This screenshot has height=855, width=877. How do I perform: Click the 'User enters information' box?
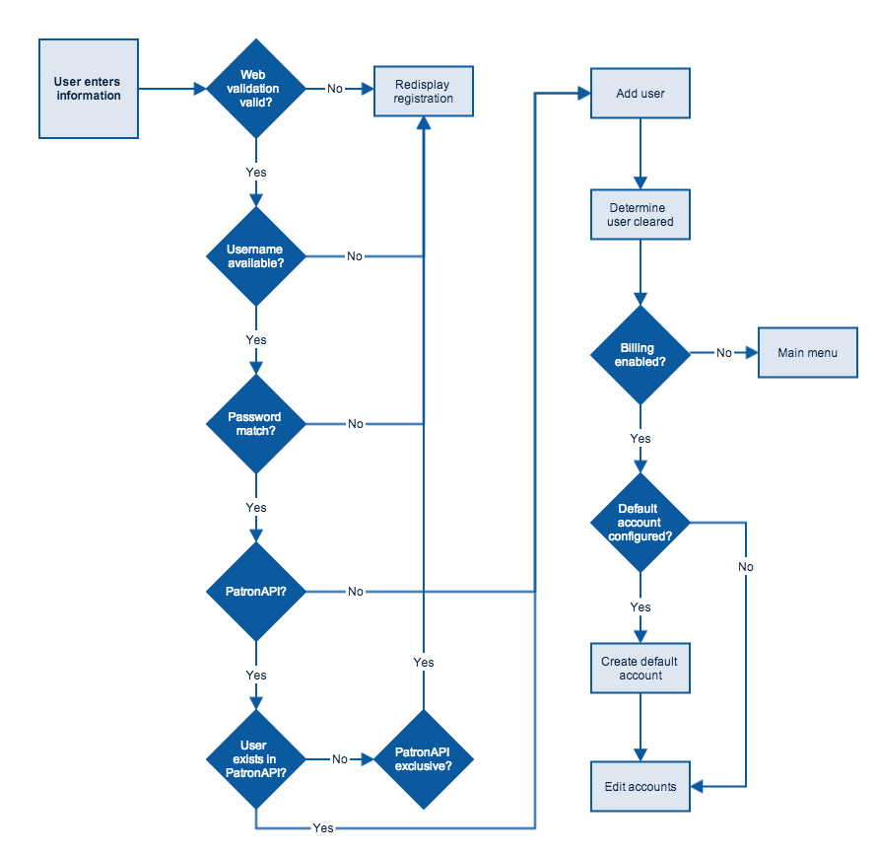tap(89, 89)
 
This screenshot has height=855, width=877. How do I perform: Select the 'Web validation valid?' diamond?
tap(256, 89)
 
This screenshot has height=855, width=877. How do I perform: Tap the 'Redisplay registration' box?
tap(424, 92)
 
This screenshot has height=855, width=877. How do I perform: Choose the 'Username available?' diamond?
tap(256, 256)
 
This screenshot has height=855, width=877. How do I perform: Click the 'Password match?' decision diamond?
tap(256, 424)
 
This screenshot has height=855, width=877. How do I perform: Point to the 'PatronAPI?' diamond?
tap(256, 592)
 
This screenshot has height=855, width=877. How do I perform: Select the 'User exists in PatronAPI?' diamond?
tap(256, 759)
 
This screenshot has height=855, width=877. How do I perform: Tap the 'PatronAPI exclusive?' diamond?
tap(424, 759)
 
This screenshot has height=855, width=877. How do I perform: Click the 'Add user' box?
tap(641, 94)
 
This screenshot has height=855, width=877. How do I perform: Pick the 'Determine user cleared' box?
tap(641, 215)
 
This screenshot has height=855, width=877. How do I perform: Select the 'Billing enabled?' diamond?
tap(641, 355)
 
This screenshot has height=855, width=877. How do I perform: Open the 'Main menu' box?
tap(808, 353)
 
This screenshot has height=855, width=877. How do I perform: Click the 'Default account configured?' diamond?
tap(641, 523)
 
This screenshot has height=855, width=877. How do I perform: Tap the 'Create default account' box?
tap(641, 669)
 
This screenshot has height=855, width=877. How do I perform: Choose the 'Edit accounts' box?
tap(641, 786)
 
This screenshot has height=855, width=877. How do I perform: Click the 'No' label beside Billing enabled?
tap(724, 353)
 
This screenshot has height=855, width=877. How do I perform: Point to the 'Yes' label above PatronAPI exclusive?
tap(424, 662)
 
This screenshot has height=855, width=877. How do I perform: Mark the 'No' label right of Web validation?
tap(335, 89)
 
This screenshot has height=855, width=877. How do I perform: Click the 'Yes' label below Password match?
tap(256, 507)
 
